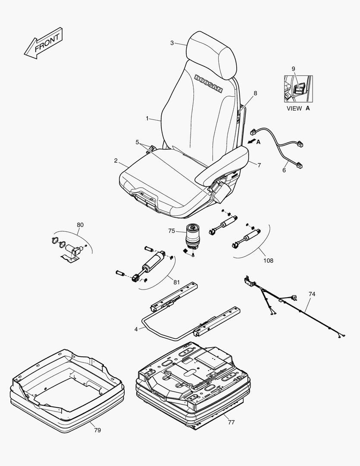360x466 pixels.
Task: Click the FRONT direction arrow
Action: pos(44,44)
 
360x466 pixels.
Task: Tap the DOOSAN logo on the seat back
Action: pos(208,84)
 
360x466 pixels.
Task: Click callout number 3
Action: pos(172,43)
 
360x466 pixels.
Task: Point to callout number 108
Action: pos(268,261)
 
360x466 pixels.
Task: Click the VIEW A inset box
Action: pos(298,88)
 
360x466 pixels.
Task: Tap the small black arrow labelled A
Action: pos(251,142)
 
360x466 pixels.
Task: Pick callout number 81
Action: pos(177,282)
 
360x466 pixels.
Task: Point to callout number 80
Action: pos(80,225)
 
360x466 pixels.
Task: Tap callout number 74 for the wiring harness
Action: pos(312,294)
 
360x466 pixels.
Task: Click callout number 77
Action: pos(232,422)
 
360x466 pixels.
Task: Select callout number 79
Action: pos(97,430)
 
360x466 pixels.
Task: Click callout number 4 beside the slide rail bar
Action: pos(136,329)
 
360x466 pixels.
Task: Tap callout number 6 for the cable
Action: pos(284,170)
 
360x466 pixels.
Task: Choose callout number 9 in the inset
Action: pos(294,69)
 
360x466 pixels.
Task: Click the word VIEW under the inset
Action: pos(294,108)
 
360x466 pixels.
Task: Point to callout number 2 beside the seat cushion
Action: pos(116,161)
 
